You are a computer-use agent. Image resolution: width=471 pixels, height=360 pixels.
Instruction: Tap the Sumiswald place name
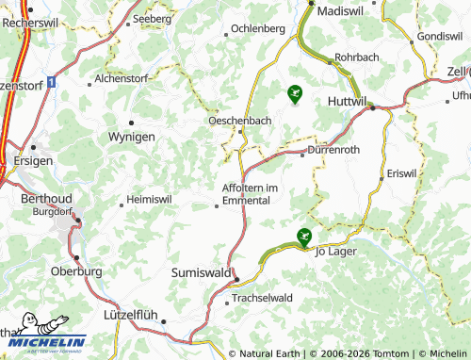tap(202, 271)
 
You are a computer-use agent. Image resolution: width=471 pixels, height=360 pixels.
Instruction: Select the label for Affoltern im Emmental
tap(251, 192)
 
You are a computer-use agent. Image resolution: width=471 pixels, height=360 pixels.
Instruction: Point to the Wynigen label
tap(132, 138)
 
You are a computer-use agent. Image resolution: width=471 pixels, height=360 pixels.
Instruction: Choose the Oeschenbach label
tap(238, 120)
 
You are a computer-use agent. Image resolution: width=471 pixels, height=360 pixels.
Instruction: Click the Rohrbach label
tap(356, 57)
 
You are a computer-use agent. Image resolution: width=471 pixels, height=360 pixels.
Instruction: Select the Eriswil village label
tap(401, 175)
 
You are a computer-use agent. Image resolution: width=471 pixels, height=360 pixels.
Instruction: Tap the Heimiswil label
tap(152, 199)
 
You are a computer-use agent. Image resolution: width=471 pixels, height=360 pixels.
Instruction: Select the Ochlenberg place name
tap(257, 28)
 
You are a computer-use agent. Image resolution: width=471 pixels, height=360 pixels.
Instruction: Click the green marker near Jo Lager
tap(303, 237)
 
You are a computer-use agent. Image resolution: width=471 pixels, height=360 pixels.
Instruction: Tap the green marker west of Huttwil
tap(295, 92)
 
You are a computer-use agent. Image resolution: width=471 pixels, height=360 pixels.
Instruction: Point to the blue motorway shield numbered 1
tap(50, 83)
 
